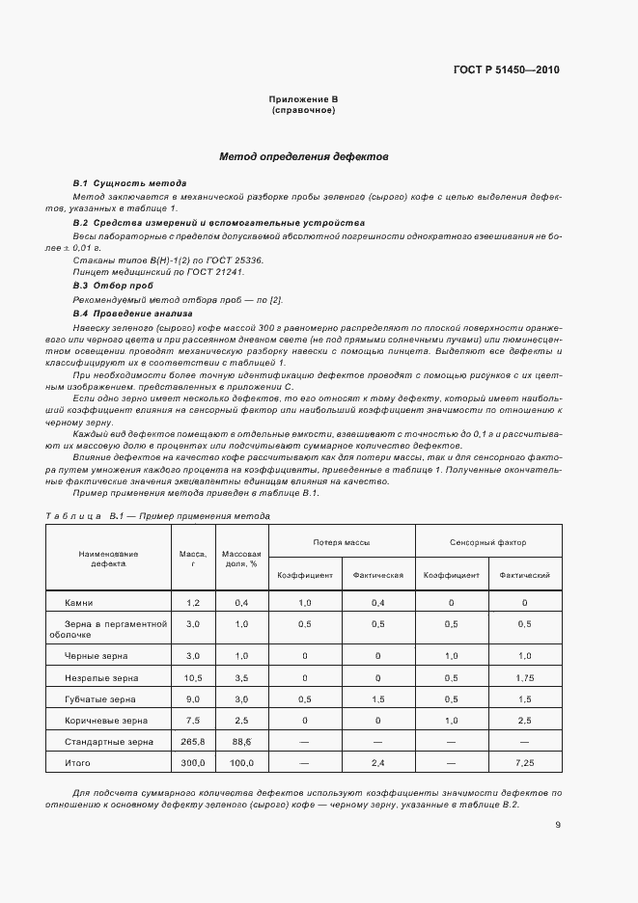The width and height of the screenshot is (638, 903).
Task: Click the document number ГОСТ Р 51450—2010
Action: click(x=507, y=70)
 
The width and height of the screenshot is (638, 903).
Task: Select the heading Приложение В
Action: click(x=303, y=100)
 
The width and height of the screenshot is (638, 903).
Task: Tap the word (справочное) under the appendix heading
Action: click(x=303, y=111)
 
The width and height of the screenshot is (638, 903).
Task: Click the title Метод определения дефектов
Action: click(x=303, y=155)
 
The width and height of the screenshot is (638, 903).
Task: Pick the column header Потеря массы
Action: click(x=342, y=543)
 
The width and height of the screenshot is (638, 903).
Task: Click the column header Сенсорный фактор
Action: click(x=487, y=543)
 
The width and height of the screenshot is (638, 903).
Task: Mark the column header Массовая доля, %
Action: click(x=241, y=559)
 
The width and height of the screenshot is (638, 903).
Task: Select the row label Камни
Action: click(x=78, y=603)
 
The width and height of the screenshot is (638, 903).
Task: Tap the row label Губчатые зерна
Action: click(x=100, y=699)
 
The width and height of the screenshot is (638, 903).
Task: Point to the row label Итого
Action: click(x=78, y=763)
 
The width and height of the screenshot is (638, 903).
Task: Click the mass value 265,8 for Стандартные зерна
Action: click(x=193, y=742)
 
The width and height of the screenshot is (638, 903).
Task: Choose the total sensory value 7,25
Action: click(x=524, y=763)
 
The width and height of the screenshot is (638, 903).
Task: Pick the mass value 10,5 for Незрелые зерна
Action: click(x=193, y=678)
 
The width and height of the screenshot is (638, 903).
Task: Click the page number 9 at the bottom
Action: click(x=558, y=825)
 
